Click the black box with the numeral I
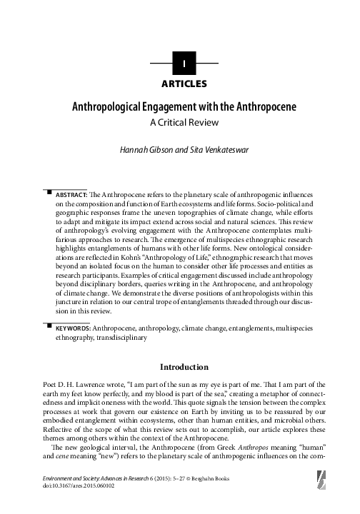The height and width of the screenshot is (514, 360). (x=184, y=65)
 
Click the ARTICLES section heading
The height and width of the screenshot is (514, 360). (x=184, y=83)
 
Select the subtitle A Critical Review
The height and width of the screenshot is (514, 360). (x=184, y=123)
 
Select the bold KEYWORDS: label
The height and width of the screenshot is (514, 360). (x=73, y=329)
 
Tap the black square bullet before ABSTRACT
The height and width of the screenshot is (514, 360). (x=49, y=192)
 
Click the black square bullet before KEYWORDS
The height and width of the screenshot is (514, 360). (x=49, y=326)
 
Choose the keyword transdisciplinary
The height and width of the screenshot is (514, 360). (x=122, y=338)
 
